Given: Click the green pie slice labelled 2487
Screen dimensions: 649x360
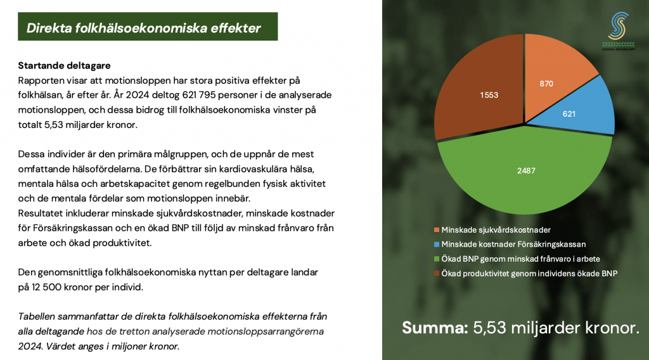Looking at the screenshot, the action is tap(525, 174).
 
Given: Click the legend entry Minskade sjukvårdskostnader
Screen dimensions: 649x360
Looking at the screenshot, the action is tap(492, 229).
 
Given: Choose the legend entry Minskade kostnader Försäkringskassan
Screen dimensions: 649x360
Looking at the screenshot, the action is tap(510, 244).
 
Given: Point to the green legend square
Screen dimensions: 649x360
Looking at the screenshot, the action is tap(436, 259).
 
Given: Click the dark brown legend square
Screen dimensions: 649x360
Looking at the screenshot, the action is tap(436, 274).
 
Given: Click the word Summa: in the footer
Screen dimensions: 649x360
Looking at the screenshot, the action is tap(435, 328).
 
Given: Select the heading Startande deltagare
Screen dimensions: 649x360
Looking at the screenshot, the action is tap(64, 65).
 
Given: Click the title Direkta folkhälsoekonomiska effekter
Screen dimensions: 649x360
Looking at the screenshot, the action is tap(144, 28).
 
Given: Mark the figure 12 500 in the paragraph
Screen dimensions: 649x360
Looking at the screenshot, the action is tap(46, 286).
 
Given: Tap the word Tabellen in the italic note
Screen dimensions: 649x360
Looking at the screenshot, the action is tap(36, 316).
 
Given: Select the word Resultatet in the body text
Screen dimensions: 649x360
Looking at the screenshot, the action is tap(42, 213).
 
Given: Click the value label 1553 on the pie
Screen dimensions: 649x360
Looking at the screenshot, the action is tap(489, 95).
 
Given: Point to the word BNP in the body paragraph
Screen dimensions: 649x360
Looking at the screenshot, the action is tap(180, 228).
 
